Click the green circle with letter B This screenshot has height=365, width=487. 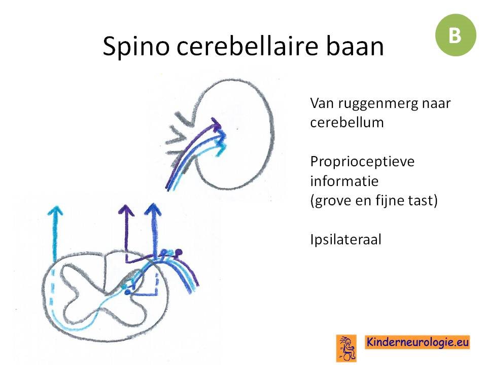[456, 35]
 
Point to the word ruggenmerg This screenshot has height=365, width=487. [377, 104]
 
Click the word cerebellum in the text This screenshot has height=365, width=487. [347, 122]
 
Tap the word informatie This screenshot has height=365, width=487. [344, 181]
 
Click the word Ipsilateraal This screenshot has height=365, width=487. [345, 240]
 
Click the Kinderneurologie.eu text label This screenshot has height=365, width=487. [417, 342]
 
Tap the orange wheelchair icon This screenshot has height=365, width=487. [346, 348]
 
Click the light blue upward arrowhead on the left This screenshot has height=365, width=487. [55, 210]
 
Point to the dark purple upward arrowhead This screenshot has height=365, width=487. [126, 210]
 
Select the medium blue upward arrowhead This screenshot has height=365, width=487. [153, 209]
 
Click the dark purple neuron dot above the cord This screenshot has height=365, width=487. [179, 252]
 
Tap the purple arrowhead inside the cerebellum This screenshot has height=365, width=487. [216, 123]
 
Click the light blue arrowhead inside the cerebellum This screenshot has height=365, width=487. [221, 149]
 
